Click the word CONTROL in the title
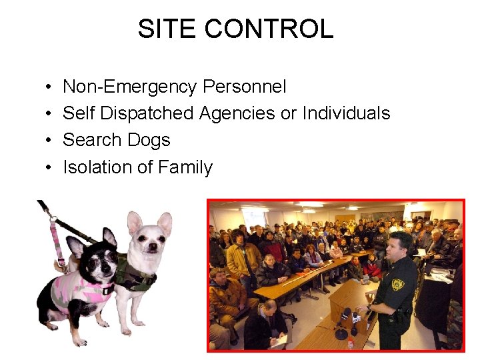(269, 29)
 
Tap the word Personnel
(245, 87)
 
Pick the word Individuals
(346, 113)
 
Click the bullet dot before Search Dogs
(50, 141)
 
